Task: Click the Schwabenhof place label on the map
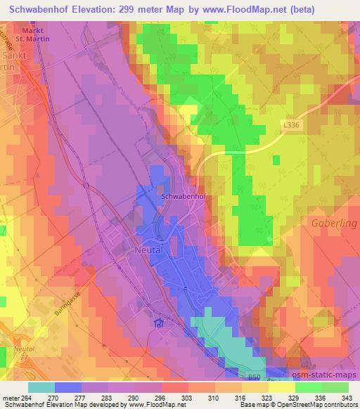click(x=184, y=198)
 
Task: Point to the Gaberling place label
click(x=333, y=223)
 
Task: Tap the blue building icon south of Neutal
click(x=159, y=323)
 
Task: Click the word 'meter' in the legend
click(x=8, y=397)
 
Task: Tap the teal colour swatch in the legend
click(x=41, y=387)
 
